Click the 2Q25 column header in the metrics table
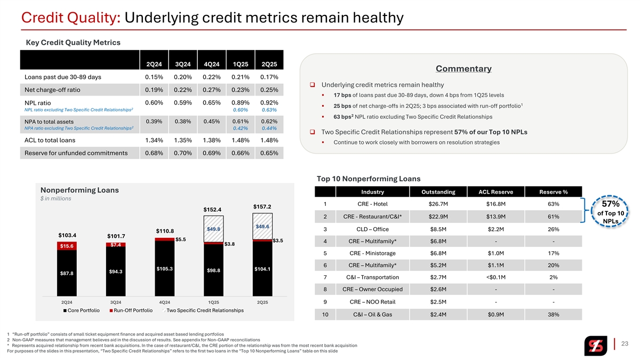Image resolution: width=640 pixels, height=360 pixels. coord(269,65)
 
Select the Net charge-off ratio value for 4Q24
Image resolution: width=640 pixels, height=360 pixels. coord(212,90)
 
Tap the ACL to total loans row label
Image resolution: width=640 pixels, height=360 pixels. coord(50,140)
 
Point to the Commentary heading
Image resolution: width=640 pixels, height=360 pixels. coord(463,69)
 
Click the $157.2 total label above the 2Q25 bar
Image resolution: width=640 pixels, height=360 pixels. coord(262,206)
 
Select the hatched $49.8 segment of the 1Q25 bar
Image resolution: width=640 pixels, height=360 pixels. coord(213,229)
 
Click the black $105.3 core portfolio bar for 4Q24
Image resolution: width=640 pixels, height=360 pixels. coord(165,268)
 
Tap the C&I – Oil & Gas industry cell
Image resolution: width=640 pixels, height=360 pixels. coord(372,314)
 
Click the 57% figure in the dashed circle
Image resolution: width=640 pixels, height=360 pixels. coord(610,204)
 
